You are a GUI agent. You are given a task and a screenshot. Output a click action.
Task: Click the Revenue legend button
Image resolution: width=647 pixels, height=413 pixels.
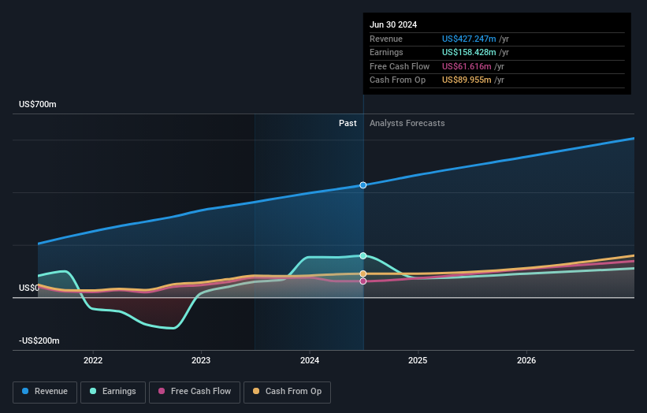(46, 391)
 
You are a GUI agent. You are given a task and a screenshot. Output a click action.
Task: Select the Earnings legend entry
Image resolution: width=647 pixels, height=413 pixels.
(112, 391)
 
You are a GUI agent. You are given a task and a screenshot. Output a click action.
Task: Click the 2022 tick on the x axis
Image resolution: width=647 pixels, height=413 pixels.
(93, 360)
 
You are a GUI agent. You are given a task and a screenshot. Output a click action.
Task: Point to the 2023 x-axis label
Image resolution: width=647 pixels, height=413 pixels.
(201, 360)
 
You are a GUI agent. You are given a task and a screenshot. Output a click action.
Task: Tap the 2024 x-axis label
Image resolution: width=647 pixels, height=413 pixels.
(310, 360)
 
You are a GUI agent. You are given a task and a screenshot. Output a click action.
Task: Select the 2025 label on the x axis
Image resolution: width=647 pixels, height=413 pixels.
(418, 360)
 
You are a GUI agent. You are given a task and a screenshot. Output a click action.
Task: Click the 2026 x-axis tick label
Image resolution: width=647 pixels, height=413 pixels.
(526, 360)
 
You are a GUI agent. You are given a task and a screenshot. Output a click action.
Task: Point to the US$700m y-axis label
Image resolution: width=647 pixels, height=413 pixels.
(38, 105)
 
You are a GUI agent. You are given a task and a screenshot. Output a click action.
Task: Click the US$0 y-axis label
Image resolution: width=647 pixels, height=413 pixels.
(29, 288)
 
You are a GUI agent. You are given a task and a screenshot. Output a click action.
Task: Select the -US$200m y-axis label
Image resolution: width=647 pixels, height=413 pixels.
(39, 340)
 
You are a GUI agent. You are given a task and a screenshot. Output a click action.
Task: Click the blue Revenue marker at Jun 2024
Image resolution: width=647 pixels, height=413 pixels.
(363, 185)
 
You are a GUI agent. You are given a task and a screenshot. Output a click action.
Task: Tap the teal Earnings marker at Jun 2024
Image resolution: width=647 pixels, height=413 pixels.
(363, 255)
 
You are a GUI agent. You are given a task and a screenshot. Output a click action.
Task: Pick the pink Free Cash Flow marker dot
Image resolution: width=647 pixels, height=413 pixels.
(363, 281)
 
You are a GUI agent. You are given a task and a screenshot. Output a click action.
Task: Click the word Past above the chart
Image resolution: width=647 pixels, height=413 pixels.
(348, 124)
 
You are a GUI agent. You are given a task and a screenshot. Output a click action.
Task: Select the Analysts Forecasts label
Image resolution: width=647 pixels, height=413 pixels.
(407, 124)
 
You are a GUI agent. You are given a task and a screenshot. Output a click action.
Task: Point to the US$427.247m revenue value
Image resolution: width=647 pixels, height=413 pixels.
(470, 39)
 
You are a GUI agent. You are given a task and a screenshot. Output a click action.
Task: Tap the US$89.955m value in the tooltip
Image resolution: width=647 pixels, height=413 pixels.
(467, 80)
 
